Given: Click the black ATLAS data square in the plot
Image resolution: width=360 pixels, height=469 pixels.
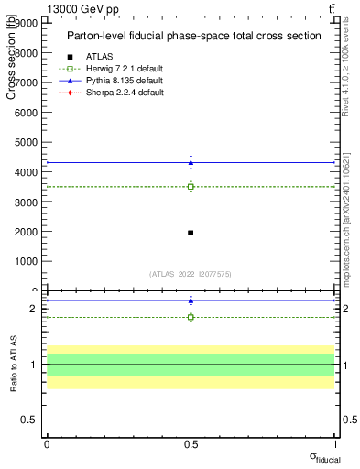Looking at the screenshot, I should [191, 233].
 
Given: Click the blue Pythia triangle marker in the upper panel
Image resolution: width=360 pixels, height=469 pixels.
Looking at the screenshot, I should [191, 163].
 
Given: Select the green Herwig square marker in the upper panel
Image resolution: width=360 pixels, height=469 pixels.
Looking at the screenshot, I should [191, 187].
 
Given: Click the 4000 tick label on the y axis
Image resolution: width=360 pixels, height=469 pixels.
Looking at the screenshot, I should [25, 172].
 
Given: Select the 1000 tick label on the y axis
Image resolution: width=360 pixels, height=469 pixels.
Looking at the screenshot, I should [25, 261].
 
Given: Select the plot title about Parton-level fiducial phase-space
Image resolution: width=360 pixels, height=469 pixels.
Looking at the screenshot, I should [193, 36].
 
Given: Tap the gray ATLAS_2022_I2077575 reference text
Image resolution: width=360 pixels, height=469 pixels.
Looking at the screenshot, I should [191, 273].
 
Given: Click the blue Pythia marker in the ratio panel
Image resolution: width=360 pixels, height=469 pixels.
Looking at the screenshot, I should [191, 300].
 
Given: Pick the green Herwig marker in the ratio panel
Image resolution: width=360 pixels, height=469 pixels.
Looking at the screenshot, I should [191, 317].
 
